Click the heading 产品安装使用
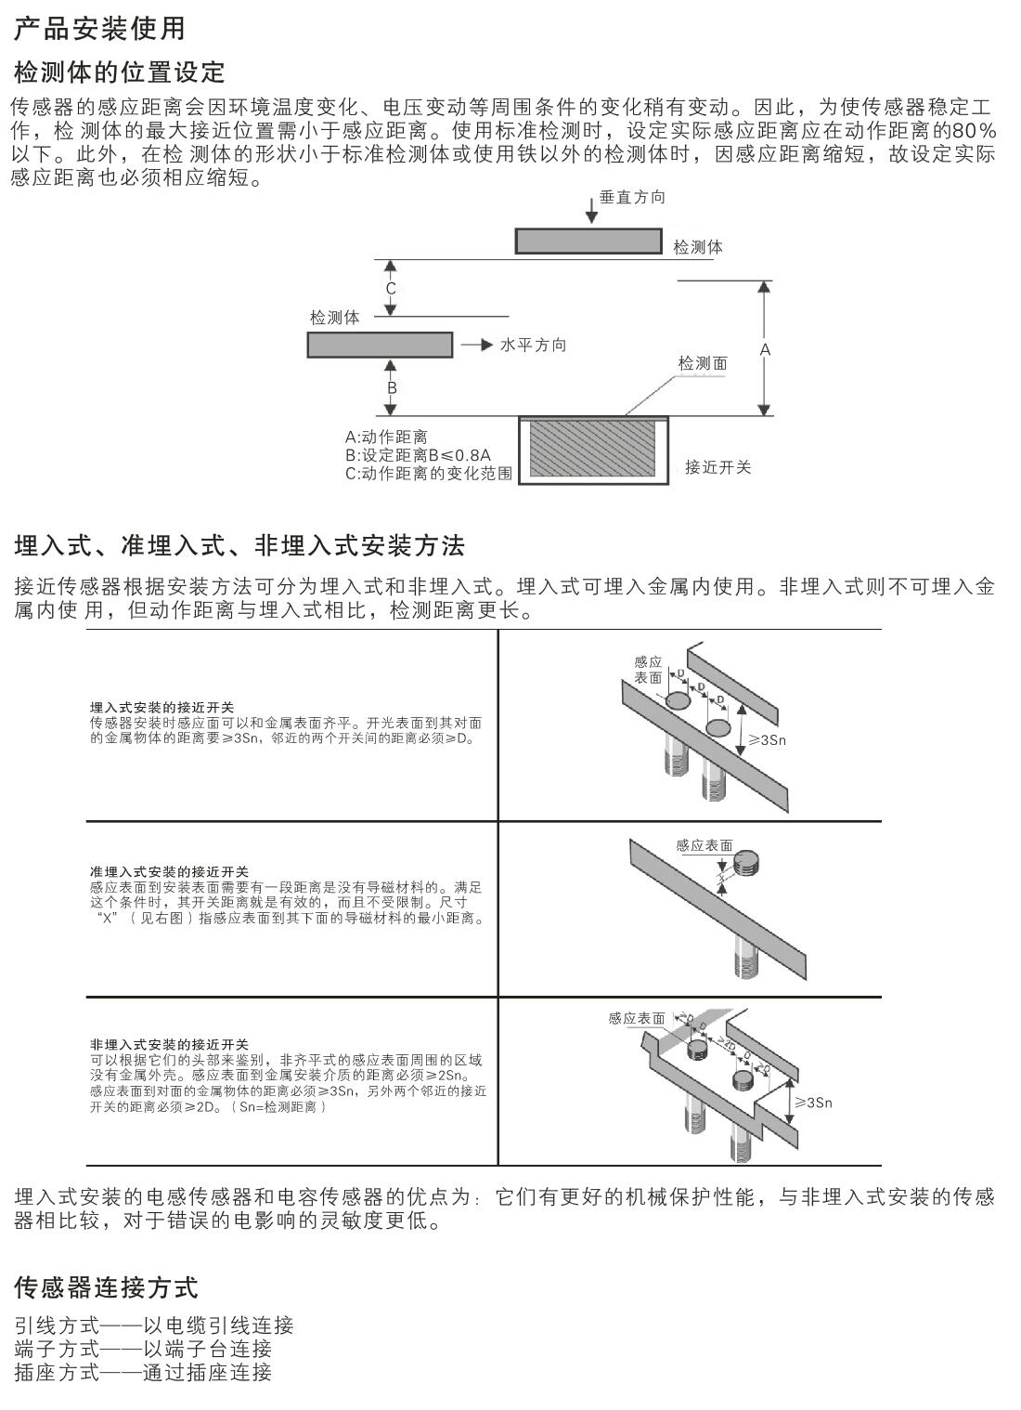pos(99,28)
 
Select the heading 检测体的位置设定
pos(120,72)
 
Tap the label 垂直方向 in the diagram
pos(632,198)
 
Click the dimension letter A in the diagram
pos(765,349)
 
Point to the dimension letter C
pos(391,289)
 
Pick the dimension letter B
pos(392,387)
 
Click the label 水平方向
pos(533,345)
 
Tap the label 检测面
pos(703,363)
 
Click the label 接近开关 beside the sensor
pos(717,466)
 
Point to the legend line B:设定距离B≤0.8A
pos(418,455)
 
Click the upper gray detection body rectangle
pos(589,241)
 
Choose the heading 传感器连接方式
pos(107,1287)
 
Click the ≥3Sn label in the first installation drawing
pos(767,740)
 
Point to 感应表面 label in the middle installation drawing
pos(704,845)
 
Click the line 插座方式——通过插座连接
pos(143,1372)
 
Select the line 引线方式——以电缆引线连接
pos(154,1325)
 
